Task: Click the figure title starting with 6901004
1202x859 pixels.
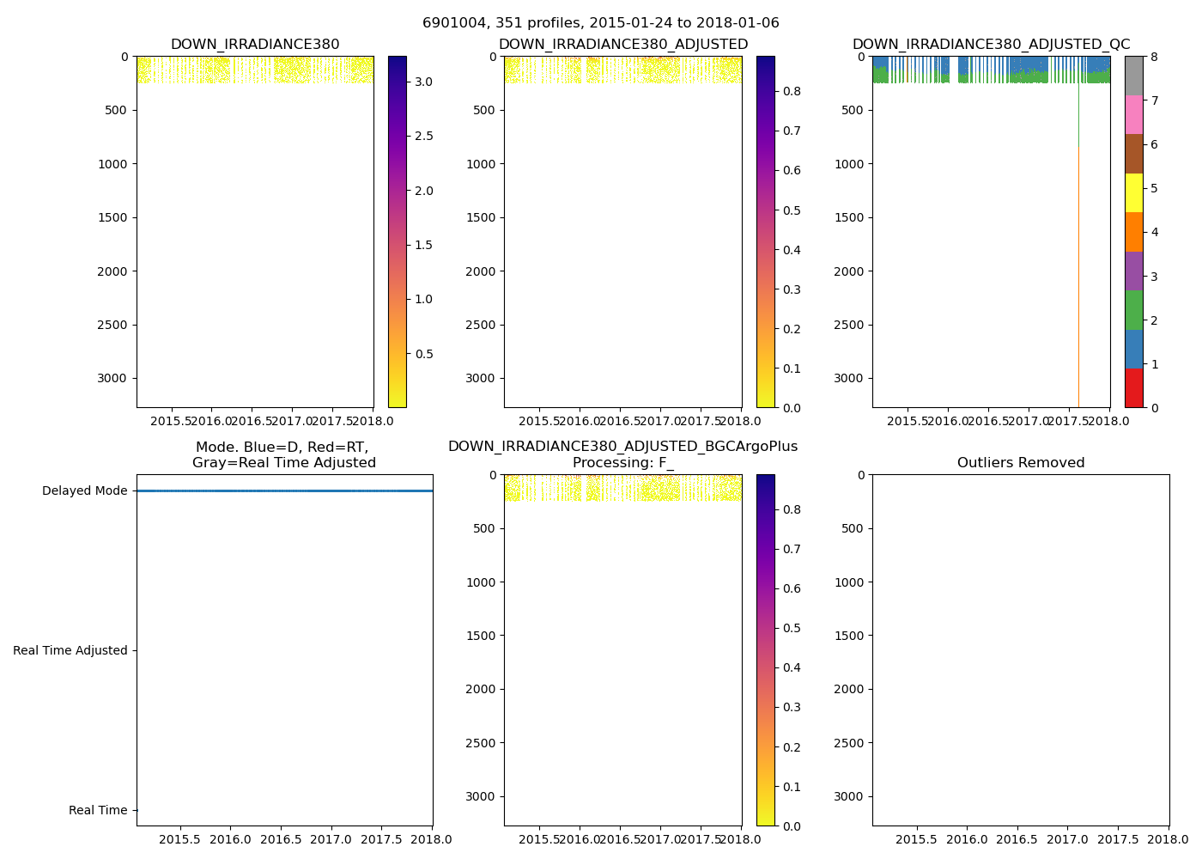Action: click(600, 23)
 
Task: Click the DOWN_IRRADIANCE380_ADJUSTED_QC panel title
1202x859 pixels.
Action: click(991, 45)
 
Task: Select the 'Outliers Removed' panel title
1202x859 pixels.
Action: click(1021, 463)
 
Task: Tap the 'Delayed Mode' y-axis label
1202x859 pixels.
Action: click(84, 491)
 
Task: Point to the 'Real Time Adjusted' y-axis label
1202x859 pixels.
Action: click(70, 651)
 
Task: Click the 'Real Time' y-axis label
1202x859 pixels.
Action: click(98, 811)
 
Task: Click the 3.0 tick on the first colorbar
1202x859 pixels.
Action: click(424, 82)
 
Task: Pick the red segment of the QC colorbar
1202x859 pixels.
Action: click(1133, 388)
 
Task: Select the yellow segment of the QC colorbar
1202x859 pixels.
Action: click(1133, 193)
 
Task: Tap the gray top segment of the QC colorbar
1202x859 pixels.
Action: click(1133, 76)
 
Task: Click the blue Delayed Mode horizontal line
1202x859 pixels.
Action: click(283, 490)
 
